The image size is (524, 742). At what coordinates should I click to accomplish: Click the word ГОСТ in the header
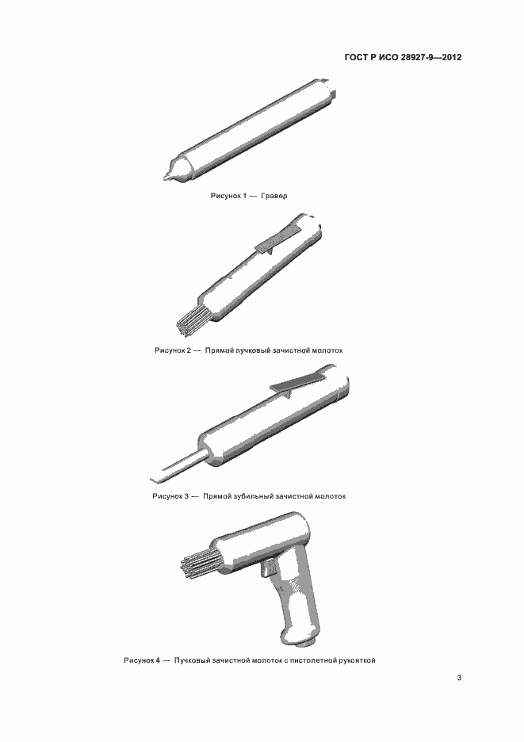tap(357, 58)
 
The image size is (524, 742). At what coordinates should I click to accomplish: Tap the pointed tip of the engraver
tap(165, 178)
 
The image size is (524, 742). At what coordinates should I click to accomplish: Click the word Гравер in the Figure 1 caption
tap(273, 196)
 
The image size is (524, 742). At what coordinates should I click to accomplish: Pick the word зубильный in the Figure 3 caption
tap(252, 496)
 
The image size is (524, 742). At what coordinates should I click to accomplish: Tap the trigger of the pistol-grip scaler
tap(266, 568)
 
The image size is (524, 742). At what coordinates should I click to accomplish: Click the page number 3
tap(459, 678)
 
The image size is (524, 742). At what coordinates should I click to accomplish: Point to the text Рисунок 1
tap(228, 196)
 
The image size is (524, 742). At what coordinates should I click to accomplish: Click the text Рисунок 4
tap(142, 660)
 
